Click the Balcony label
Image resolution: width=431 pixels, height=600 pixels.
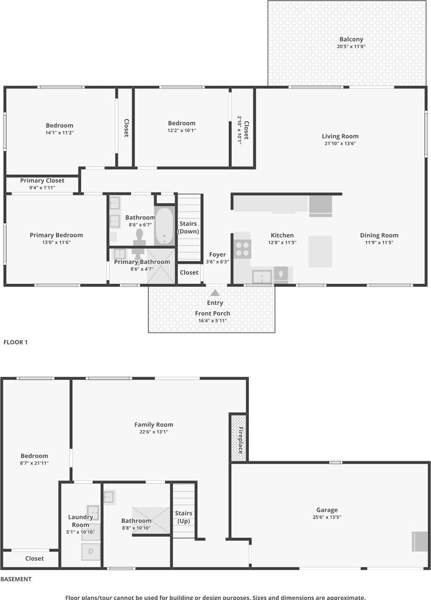coord(351,39)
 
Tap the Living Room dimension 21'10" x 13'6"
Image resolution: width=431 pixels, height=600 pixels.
coord(340,143)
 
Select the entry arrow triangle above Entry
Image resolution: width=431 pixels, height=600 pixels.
coord(215,293)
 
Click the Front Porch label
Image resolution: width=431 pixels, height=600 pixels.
coord(212,313)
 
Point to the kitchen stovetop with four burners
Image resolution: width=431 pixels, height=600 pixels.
coord(242,249)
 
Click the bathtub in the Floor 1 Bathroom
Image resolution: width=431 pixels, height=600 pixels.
coord(164,226)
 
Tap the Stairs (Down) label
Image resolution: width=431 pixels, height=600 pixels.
coord(188,227)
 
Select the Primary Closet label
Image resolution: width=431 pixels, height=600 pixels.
coord(42,181)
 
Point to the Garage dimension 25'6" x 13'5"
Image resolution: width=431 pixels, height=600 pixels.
coord(327,517)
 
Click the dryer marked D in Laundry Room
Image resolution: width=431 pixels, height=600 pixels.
coord(91,552)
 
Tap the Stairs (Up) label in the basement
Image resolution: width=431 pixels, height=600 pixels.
coord(184,517)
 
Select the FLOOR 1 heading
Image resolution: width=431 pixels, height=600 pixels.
coord(16,342)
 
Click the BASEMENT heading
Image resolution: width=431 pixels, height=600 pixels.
coord(16,579)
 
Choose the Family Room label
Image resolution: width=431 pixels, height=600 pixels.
coord(153,424)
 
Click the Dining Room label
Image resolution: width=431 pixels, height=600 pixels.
coord(379,235)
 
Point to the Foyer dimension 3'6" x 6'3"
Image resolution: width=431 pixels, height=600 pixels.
coord(218,262)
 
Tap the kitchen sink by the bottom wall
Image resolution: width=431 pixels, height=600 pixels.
coord(262,276)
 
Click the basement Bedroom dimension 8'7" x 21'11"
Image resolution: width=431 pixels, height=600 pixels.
coord(34,463)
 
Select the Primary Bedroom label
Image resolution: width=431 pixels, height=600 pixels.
coord(56,235)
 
